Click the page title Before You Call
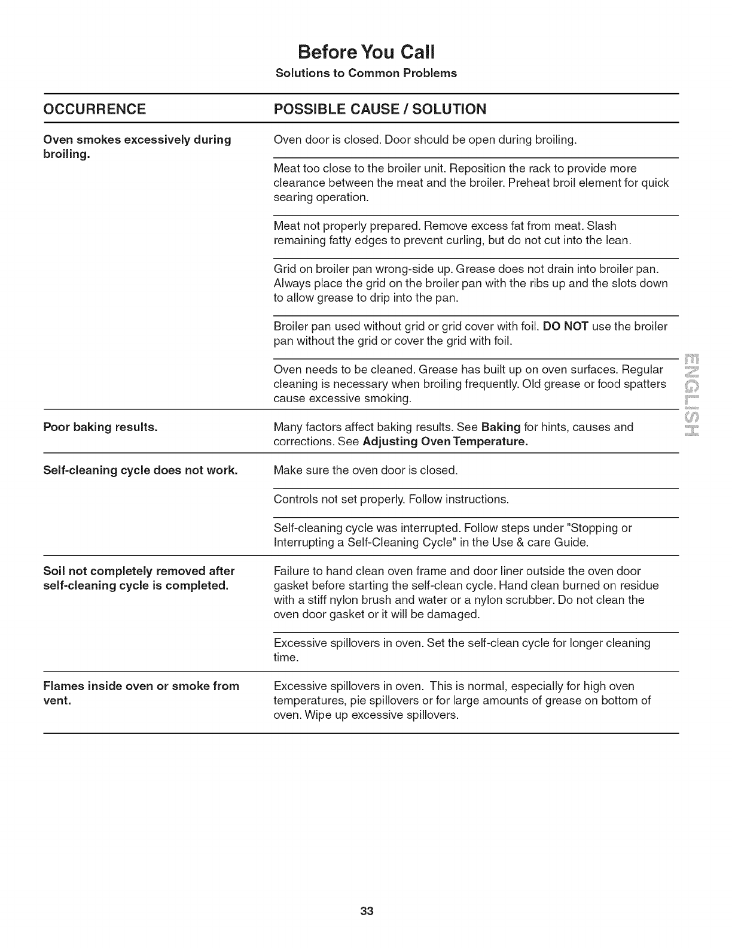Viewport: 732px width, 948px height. [366, 52]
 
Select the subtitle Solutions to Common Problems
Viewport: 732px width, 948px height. [366, 73]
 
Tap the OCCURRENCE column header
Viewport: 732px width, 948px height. [94, 109]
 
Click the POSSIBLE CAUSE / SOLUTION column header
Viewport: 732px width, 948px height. [380, 109]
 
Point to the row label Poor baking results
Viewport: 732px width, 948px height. [100, 427]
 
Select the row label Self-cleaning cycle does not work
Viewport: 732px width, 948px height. [141, 470]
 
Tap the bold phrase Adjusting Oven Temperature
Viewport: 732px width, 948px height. [445, 442]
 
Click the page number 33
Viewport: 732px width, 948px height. [367, 911]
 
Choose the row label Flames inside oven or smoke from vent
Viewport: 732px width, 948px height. [141, 693]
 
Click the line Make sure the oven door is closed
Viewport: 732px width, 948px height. [365, 470]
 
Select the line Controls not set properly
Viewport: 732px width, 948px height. [391, 499]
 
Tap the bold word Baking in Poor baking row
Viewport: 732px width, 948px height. [501, 427]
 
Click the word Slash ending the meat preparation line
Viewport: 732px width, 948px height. [601, 226]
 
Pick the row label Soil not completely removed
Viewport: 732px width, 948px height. [139, 578]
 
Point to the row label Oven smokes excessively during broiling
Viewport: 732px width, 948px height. [137, 147]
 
